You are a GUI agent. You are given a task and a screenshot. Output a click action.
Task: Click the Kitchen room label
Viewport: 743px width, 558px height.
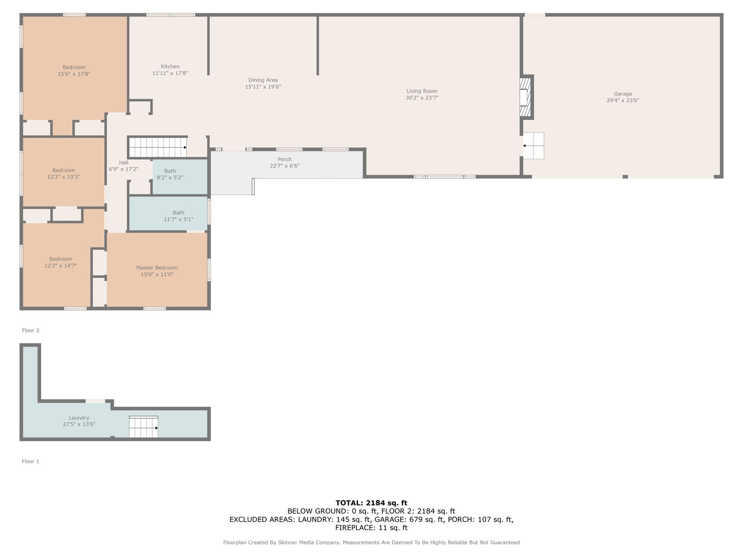(x=170, y=67)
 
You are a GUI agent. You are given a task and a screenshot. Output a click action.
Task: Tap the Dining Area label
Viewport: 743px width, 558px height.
(x=263, y=80)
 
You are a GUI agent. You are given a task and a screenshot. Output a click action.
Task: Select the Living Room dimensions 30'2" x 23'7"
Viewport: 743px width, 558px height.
(x=422, y=98)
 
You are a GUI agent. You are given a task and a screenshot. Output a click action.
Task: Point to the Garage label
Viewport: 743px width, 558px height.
(x=623, y=94)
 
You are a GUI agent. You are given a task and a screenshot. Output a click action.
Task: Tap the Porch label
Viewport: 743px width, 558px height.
(x=284, y=159)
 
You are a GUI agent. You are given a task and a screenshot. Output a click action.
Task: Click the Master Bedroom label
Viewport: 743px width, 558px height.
(x=157, y=268)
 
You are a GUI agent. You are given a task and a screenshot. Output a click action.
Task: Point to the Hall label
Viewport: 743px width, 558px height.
(x=123, y=163)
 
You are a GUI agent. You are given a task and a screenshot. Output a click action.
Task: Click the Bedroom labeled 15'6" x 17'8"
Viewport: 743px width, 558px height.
(x=74, y=67)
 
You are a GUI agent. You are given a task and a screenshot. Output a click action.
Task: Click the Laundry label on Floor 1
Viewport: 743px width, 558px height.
(x=79, y=418)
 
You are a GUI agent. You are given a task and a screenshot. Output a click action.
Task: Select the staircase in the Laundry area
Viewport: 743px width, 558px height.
(x=143, y=427)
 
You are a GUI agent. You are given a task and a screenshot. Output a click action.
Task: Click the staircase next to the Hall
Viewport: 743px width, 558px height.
(x=158, y=147)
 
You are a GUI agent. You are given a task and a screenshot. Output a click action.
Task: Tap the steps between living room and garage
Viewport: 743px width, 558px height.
(x=534, y=146)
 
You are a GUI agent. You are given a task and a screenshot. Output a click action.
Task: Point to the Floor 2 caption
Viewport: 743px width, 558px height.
(x=30, y=330)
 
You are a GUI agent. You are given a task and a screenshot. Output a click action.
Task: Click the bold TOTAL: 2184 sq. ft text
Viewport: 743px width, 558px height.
(x=372, y=503)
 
